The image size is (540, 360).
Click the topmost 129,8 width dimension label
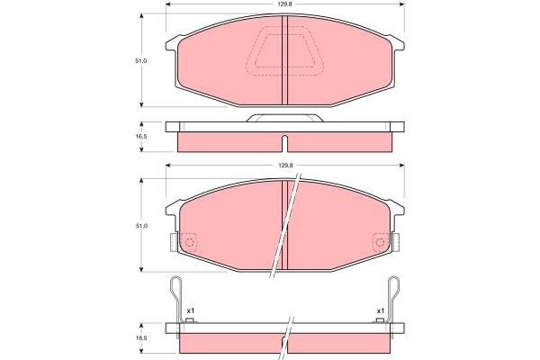pyautogui.click(x=285, y=4)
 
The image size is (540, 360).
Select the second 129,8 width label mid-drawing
pyautogui.click(x=285, y=166)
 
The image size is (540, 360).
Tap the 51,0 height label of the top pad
pyautogui.click(x=140, y=61)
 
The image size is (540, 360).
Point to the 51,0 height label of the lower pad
pyautogui.click(x=140, y=226)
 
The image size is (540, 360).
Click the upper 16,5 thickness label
pyautogui.click(x=141, y=136)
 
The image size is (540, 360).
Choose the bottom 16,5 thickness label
pyautogui.click(x=141, y=338)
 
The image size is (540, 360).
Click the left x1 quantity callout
pyautogui.click(x=191, y=310)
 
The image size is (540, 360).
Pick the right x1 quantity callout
pyautogui.click(x=380, y=310)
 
